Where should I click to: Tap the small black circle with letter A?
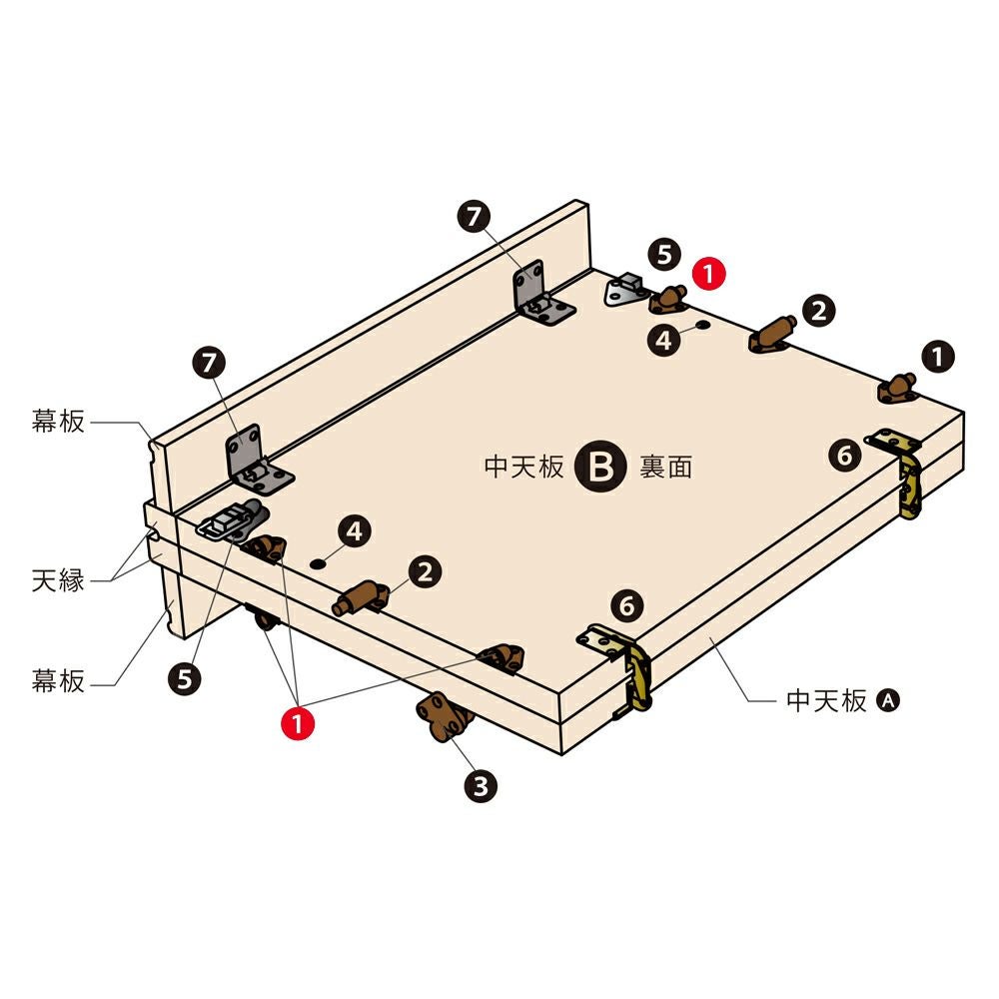coord(887,701)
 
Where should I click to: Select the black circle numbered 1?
coord(938,357)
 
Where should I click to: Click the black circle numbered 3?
coord(481,786)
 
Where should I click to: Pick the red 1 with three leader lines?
coord(298,723)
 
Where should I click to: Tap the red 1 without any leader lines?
coord(708,274)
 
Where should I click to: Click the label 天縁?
coord(58,580)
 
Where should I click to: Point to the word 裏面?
coord(665,467)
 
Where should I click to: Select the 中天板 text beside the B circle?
coord(523,467)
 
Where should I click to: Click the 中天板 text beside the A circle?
coord(826,701)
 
